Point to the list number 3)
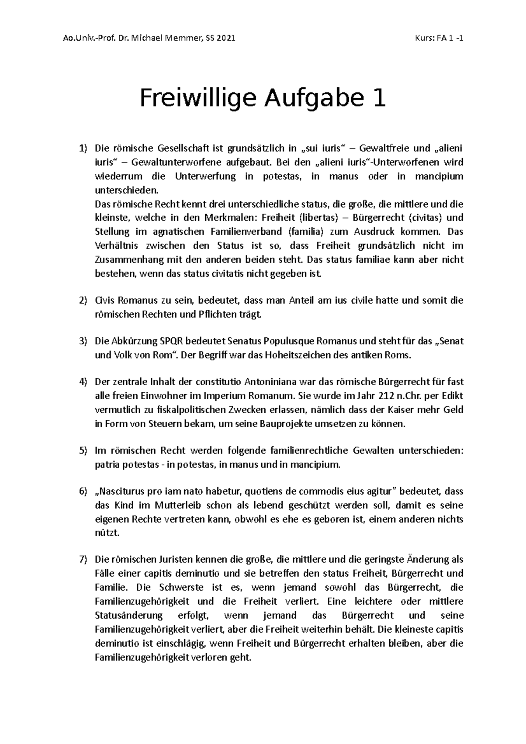(x=83, y=341)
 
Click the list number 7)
(x=83, y=560)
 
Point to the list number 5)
(x=83, y=451)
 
